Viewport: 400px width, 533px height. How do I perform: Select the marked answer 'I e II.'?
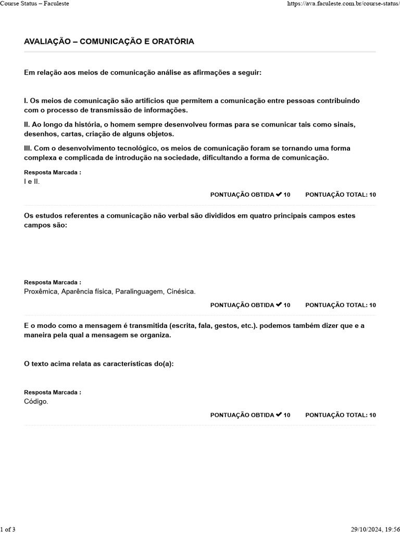point(32,182)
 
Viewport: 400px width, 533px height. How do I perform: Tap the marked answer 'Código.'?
point(36,401)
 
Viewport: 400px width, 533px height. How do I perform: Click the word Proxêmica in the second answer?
point(41,291)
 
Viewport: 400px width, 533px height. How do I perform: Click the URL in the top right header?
point(343,4)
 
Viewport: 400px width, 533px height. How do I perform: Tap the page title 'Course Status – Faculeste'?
point(34,4)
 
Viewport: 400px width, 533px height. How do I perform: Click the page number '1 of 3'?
point(8,529)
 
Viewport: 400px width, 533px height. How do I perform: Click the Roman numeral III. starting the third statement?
point(28,148)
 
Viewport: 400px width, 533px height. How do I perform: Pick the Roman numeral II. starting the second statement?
point(27,124)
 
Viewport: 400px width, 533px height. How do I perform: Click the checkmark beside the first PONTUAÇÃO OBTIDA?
point(279,195)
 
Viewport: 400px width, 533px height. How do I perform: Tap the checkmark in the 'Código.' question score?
point(279,415)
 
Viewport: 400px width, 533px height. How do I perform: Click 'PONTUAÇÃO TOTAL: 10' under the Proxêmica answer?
point(341,305)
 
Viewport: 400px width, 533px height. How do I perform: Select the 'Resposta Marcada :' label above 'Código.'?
point(53,392)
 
